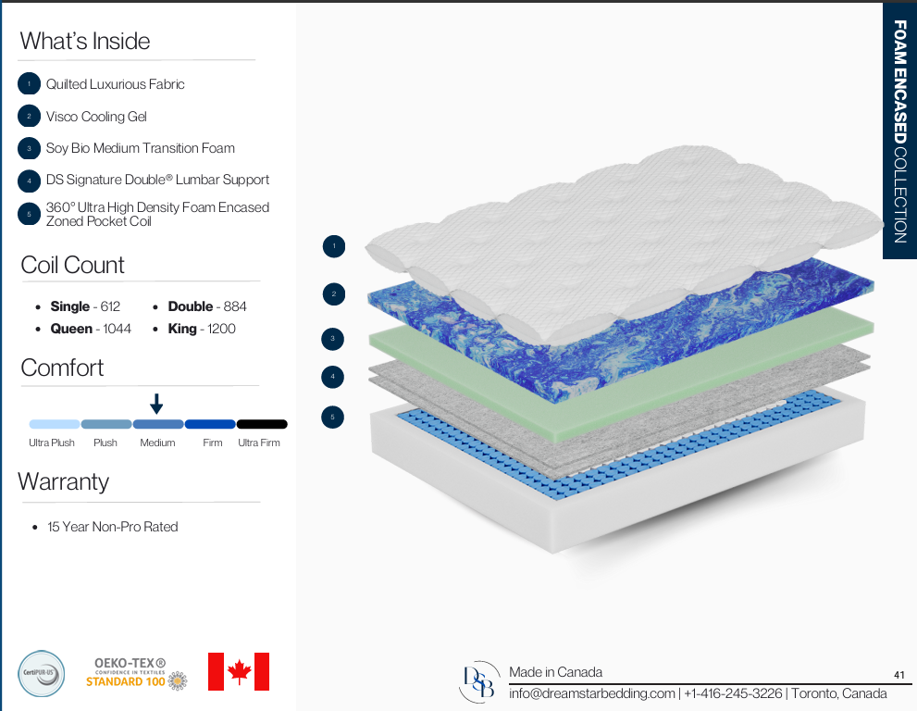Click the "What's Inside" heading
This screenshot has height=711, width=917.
85,41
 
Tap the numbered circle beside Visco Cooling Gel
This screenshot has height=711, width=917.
29,116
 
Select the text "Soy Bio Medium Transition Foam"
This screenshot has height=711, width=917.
141,148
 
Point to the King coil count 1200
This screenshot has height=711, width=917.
222,329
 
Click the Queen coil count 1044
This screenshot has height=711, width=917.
117,329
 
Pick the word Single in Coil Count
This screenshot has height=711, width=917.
70,306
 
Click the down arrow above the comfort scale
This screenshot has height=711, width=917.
156,404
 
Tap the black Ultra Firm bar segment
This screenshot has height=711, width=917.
262,424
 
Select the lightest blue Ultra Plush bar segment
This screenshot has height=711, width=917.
55,424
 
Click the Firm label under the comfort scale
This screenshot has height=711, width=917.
212,443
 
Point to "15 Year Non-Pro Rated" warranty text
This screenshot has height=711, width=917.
112,527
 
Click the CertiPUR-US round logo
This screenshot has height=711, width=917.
41,674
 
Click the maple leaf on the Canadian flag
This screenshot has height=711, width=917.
239,672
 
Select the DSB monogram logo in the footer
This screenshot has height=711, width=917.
479,681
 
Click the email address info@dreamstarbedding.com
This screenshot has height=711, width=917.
592,693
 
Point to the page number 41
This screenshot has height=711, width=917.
899,675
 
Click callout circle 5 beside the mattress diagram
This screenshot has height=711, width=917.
333,418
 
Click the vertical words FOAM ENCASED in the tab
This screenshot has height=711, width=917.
900,81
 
